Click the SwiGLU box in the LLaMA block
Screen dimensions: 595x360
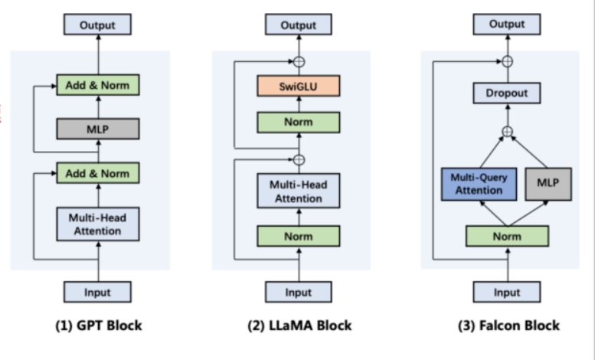299,86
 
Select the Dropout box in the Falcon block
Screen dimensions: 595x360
507,93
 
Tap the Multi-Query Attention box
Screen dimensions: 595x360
479,184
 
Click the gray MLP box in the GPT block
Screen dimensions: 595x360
98,129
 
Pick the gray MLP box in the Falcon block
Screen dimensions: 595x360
548,184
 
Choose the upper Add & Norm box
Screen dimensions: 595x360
98,85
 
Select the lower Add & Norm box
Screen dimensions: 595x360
98,173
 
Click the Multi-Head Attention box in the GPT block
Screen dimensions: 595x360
98,224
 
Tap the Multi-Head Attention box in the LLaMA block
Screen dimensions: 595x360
299,191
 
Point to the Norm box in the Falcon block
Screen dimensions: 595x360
508,236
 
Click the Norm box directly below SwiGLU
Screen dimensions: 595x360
299,123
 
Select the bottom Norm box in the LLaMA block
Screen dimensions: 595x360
299,236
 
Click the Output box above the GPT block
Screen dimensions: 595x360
97,25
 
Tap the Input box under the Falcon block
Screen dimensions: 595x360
507,292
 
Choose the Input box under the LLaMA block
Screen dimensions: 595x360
299,292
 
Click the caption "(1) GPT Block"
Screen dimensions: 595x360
99,326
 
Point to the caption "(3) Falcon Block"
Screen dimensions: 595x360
508,326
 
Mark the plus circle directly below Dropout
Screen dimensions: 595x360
508,132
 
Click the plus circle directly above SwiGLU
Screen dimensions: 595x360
299,61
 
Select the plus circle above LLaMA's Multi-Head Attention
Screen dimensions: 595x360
299,160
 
